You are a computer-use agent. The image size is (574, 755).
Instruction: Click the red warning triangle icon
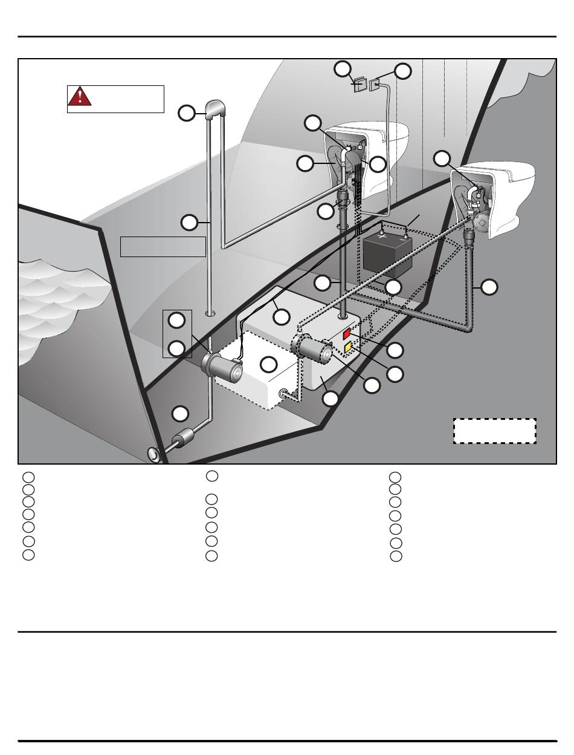pyautogui.click(x=80, y=97)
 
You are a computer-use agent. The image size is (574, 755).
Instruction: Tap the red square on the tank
pyautogui.click(x=347, y=334)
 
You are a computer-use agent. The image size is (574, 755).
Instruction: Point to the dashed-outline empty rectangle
pyautogui.click(x=495, y=431)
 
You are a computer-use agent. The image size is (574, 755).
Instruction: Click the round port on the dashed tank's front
pyautogui.click(x=283, y=393)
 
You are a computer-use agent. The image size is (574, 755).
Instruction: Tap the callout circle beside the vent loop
pyautogui.click(x=187, y=113)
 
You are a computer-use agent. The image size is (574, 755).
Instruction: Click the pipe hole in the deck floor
pyautogui.click(x=210, y=314)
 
